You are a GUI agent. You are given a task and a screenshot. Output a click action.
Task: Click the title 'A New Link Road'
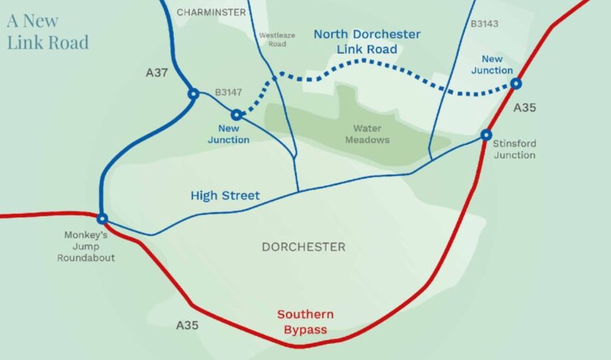48,31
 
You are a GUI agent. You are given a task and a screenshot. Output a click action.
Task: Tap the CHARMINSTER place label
211,12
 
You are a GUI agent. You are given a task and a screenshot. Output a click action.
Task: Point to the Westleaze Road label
272,39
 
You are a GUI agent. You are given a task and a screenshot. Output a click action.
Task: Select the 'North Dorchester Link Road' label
367,42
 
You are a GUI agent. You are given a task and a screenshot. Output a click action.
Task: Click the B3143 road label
485,24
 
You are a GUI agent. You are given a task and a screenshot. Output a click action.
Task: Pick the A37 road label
157,72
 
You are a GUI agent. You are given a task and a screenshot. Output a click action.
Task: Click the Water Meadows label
367,134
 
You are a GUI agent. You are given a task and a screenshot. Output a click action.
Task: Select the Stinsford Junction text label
514,149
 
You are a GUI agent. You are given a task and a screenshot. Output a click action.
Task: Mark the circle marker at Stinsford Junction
486,135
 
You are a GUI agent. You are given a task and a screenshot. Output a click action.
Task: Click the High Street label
225,195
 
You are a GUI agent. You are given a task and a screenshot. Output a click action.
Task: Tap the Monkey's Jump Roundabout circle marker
102,219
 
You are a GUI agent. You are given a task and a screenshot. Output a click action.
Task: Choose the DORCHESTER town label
303,247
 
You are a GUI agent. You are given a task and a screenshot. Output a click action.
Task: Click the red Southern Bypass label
305,322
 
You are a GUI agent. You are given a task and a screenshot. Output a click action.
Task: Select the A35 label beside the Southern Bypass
187,325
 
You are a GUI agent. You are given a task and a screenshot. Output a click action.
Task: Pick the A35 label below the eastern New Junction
524,108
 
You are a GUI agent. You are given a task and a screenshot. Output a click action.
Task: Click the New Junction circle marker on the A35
517,84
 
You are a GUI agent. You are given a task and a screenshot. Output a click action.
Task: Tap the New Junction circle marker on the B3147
237,114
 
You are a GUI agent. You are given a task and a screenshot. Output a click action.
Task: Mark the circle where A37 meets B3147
193,94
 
